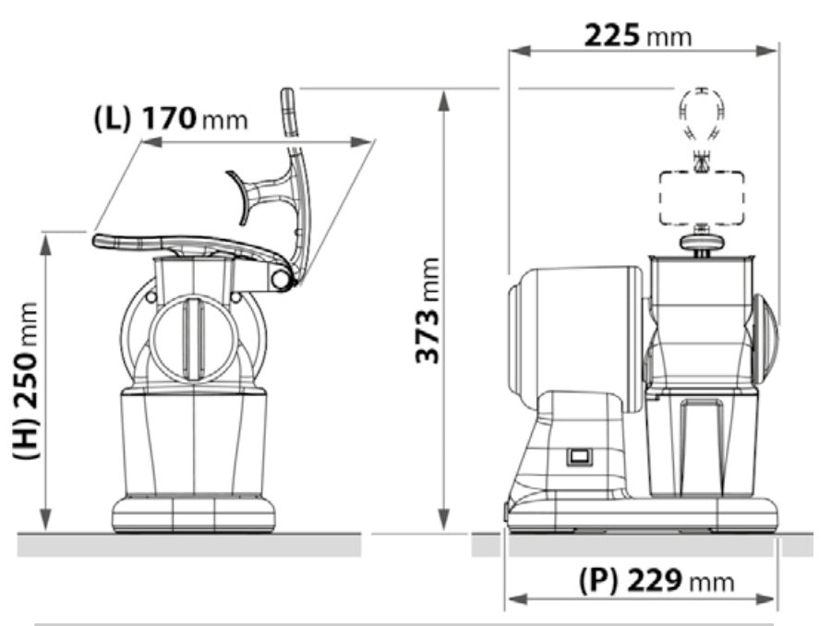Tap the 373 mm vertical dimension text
point(427,310)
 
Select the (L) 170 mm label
point(171,119)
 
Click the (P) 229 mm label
point(656,581)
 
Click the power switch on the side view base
point(579,455)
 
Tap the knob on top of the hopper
point(701,241)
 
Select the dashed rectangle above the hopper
point(702,198)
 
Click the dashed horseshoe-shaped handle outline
point(702,111)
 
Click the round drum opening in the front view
point(193,338)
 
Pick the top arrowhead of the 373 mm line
point(444,99)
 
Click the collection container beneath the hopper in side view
point(701,443)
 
